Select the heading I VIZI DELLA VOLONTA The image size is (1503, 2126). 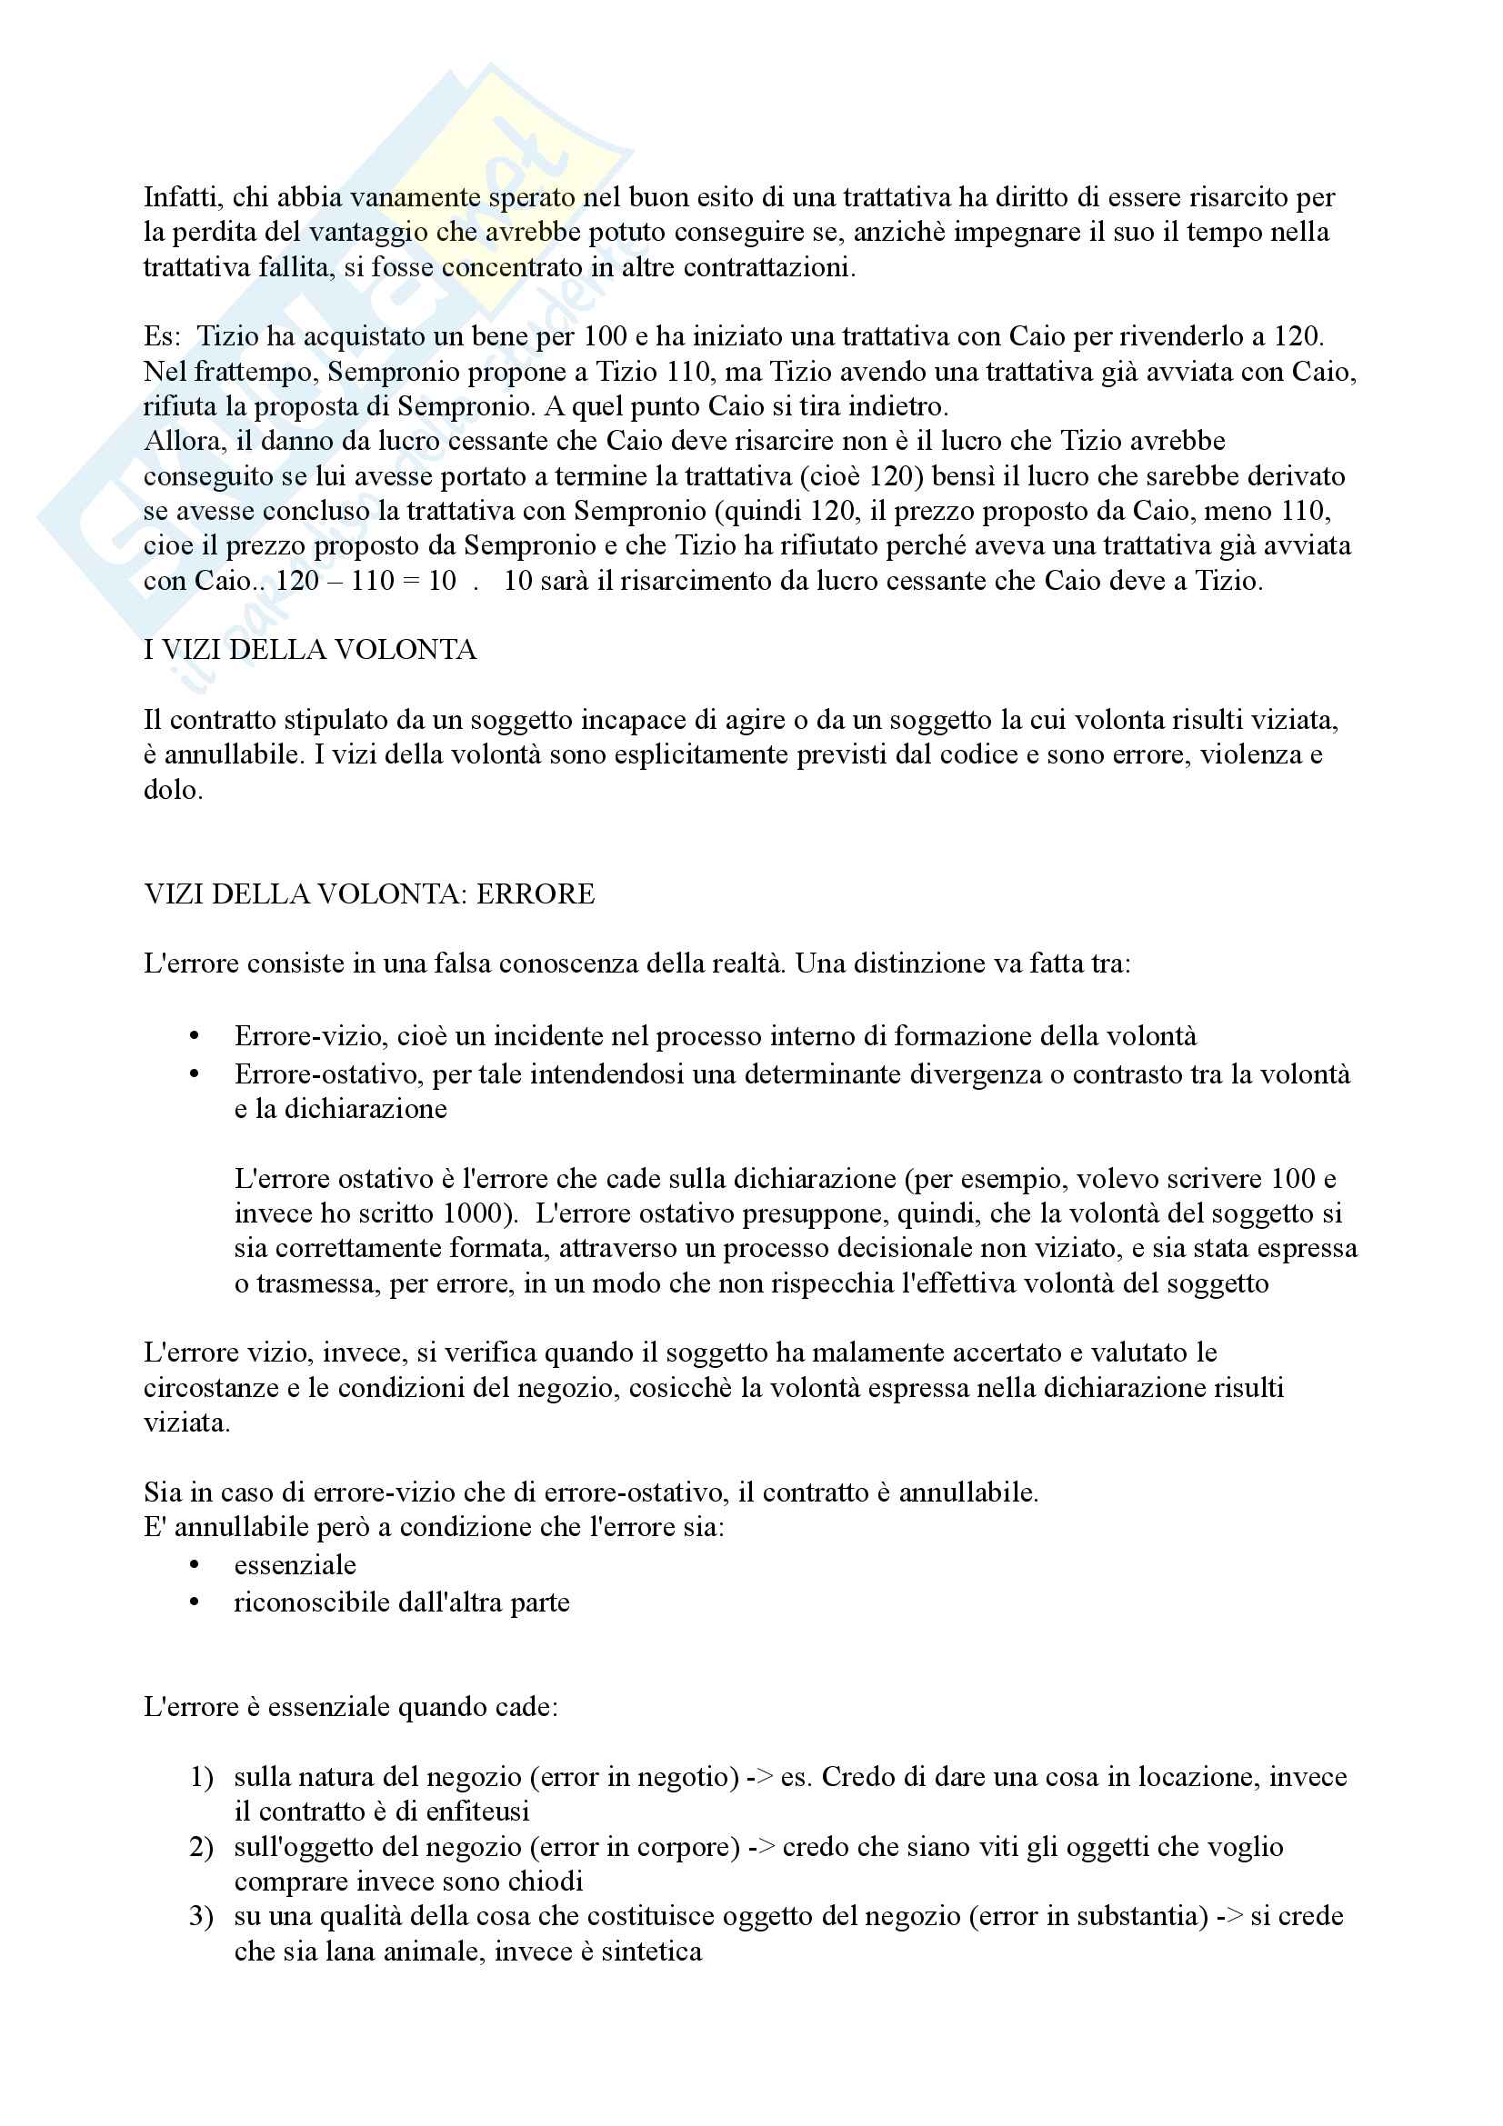[310, 650]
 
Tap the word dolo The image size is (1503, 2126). [172, 790]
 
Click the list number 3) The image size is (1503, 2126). [202, 1916]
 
